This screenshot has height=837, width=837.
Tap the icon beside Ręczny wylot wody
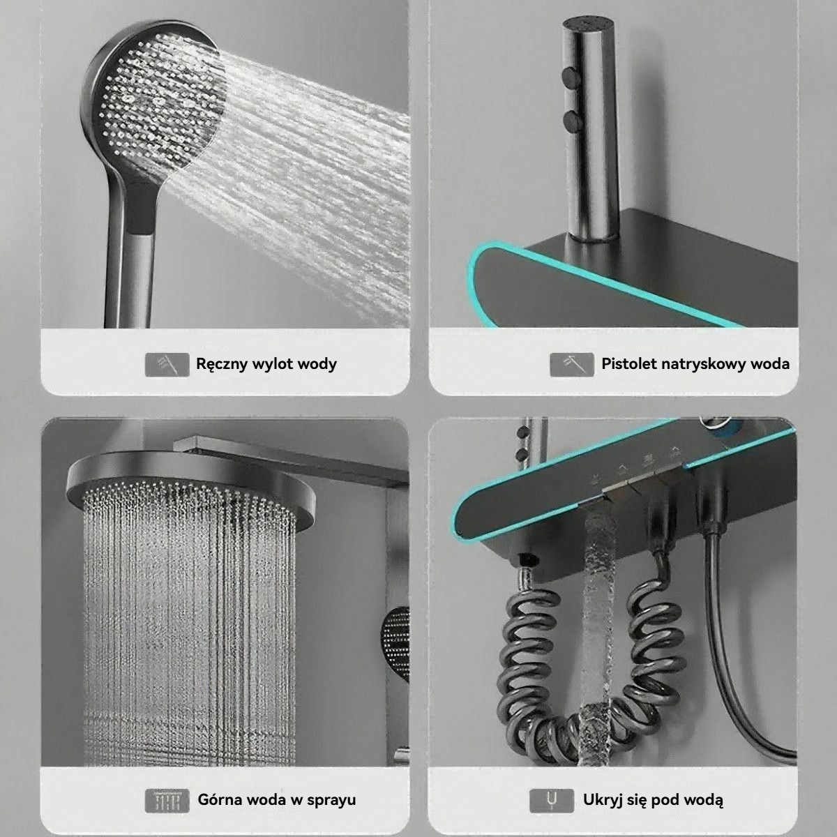[x=167, y=364]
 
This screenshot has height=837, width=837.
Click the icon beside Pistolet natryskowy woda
[x=572, y=364]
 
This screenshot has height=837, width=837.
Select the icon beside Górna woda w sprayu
[x=167, y=801]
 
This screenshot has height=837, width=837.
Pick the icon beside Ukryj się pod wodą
[x=552, y=801]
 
